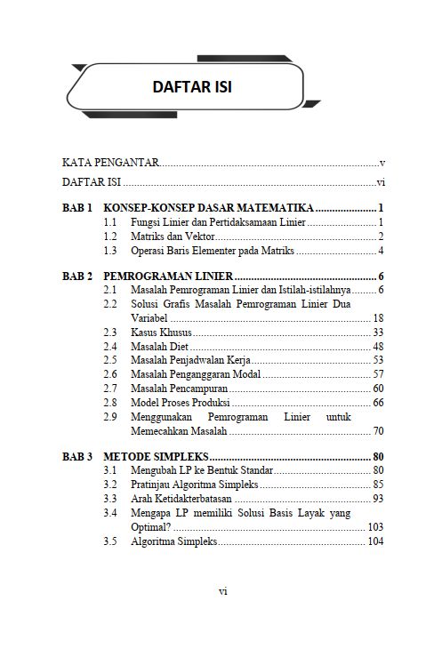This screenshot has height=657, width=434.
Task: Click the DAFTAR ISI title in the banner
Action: point(192,87)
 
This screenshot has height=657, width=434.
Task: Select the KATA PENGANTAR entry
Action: point(110,163)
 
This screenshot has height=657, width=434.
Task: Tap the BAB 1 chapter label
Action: point(77,207)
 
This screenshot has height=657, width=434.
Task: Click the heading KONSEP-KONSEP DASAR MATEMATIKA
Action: point(208,207)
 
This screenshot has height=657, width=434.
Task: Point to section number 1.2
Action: point(110,236)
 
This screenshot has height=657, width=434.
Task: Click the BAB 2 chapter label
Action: point(77,276)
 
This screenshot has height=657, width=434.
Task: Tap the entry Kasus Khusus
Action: point(161,332)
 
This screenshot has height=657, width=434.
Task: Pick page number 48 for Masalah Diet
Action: point(378,346)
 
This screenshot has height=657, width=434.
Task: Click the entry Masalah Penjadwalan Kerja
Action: point(190,360)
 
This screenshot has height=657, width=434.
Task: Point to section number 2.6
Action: point(110,374)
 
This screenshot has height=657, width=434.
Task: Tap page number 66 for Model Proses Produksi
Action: point(378,403)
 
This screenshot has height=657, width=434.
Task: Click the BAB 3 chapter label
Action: point(77,457)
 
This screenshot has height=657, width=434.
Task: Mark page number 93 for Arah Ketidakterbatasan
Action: point(378,499)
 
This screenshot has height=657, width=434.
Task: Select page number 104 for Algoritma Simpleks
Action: point(375,541)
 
